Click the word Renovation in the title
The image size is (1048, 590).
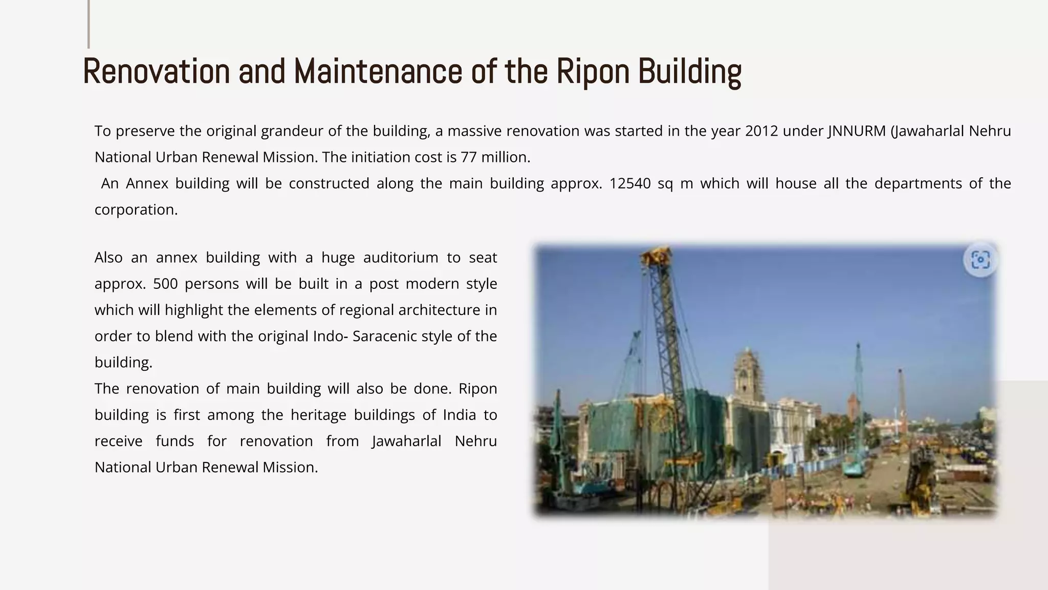click(x=156, y=71)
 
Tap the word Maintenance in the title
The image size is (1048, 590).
click(x=378, y=71)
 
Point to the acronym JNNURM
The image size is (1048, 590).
click(x=857, y=131)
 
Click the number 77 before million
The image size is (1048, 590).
click(x=468, y=157)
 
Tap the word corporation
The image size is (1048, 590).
click(x=136, y=209)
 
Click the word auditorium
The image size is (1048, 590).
click(x=401, y=257)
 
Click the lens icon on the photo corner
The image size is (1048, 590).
click(x=980, y=260)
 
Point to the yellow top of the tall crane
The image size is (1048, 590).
click(x=656, y=255)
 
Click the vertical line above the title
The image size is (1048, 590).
click(x=89, y=24)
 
